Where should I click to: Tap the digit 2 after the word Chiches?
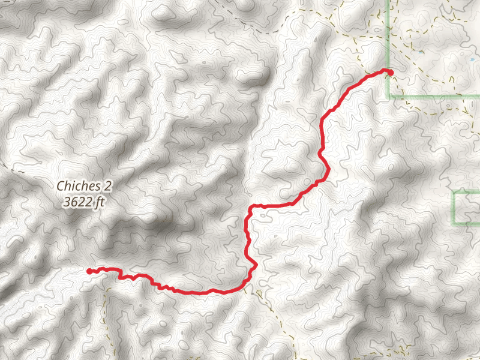click(108, 187)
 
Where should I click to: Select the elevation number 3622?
click(77, 202)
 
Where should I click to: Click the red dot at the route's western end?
click(89, 271)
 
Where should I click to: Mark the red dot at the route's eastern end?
click(391, 72)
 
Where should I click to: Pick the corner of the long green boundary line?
click(388, 96)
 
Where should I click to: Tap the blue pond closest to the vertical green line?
click(422, 52)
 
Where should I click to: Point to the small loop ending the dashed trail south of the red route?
click(259, 293)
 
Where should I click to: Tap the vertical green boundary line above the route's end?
click(388, 30)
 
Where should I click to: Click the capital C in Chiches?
click(60, 187)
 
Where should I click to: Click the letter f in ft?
click(97, 202)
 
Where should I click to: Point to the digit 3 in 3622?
click(65, 202)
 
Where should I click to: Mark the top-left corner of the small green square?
click(454, 192)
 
